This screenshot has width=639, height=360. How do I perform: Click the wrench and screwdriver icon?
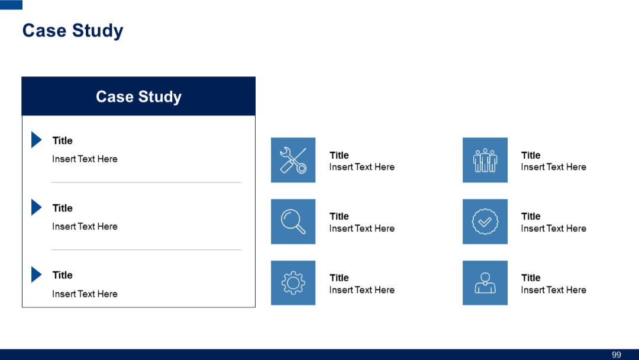[293, 160]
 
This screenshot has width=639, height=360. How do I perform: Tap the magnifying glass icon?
[293, 221]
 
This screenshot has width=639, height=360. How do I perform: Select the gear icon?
[293, 283]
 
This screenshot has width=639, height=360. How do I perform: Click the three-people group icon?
[485, 160]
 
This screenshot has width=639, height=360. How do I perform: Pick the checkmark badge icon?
[485, 221]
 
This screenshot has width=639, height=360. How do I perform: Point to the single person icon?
[485, 283]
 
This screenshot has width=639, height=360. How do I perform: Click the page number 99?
[617, 355]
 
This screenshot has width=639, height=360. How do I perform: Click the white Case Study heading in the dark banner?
[138, 97]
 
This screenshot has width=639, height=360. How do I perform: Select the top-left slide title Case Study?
[73, 31]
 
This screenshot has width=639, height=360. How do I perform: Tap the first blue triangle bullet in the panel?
[36, 140]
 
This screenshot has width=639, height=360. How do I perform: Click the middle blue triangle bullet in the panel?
[36, 207]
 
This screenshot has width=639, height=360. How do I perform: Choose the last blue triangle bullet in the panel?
[36, 275]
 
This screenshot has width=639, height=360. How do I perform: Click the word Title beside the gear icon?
[339, 278]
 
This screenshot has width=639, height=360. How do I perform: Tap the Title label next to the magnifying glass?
[339, 216]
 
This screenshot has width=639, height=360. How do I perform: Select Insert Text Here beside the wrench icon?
[362, 167]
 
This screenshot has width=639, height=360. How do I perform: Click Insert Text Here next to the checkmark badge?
[553, 229]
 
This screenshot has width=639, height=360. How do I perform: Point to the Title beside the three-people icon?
[531, 155]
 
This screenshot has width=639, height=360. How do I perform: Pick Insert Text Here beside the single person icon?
[553, 290]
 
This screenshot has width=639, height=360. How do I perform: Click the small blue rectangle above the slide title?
[11, 5]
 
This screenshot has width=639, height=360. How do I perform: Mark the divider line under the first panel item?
[146, 182]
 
